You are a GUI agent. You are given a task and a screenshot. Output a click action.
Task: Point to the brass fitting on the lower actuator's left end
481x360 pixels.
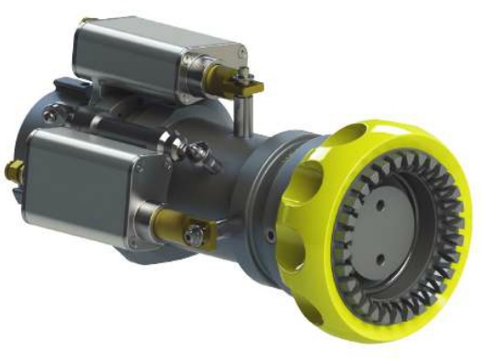click(x=15, y=169)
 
